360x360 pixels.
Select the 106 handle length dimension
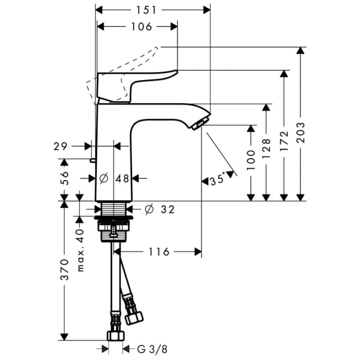(x=138, y=27)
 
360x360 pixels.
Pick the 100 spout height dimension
(x=250, y=160)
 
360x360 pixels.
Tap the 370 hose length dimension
(x=63, y=269)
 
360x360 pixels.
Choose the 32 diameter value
(x=167, y=209)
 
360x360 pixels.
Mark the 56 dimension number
(x=64, y=177)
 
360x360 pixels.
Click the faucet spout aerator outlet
(x=200, y=123)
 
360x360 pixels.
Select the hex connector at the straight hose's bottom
(x=115, y=336)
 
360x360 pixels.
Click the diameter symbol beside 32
(x=149, y=209)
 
